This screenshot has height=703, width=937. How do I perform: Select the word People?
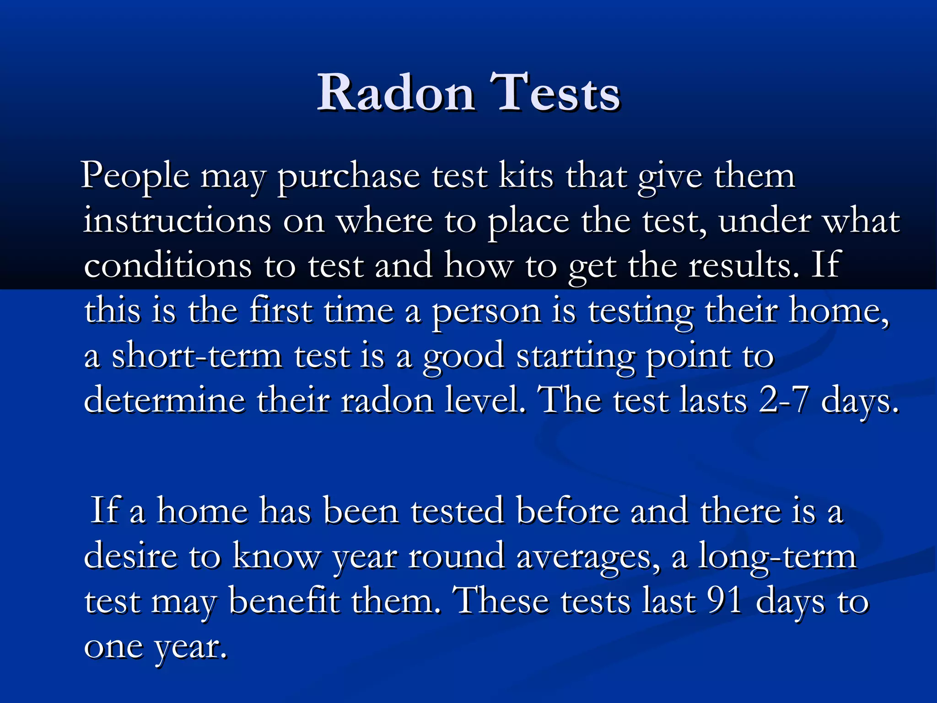pos(135,177)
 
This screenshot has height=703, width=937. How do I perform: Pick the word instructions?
pos(178,222)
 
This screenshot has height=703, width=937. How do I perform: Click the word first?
pos(281,310)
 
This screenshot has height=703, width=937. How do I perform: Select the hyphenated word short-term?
pos(197,356)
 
